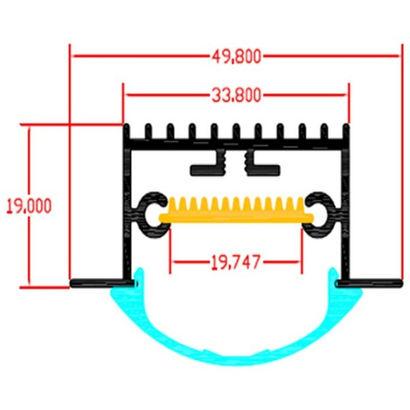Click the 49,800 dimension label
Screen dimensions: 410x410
pyautogui.click(x=237, y=57)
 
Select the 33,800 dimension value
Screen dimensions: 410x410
pyautogui.click(x=237, y=95)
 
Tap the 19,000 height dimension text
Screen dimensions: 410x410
pyautogui.click(x=29, y=206)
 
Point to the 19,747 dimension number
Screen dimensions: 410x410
pyautogui.click(x=235, y=262)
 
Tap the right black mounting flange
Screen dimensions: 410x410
pyautogui.click(x=370, y=283)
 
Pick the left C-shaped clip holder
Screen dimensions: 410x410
pyautogui.click(x=145, y=215)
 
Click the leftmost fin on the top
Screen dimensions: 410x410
pyautogui.click(x=126, y=132)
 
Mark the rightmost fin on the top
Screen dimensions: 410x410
pyautogui.click(x=346, y=132)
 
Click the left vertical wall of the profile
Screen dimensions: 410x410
pyautogui.click(x=127, y=213)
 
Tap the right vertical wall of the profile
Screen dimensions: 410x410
pyautogui.click(x=346, y=213)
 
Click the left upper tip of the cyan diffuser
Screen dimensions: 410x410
pyautogui.click(x=140, y=269)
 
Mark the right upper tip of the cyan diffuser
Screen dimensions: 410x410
pyautogui.click(x=332, y=269)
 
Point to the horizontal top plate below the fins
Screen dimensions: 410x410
pyautogui.click(x=236, y=144)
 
